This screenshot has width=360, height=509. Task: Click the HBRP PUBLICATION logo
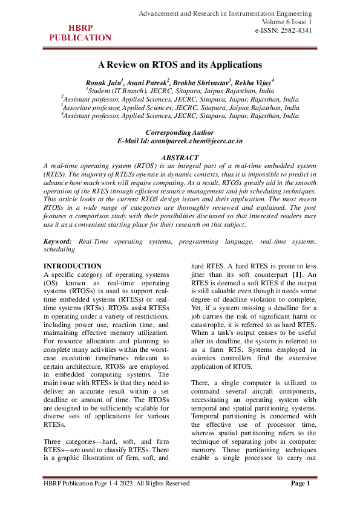(80, 33)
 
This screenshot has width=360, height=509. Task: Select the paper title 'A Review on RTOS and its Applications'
(180, 64)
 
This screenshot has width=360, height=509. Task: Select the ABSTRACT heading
(180, 157)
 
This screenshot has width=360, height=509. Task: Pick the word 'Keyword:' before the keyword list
(59, 241)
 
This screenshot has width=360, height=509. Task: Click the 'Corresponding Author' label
(180, 132)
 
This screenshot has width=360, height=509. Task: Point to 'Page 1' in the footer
(300, 483)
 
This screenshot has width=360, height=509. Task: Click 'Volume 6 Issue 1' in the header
(284, 22)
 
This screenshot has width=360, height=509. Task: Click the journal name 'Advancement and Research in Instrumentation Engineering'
(225, 13)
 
